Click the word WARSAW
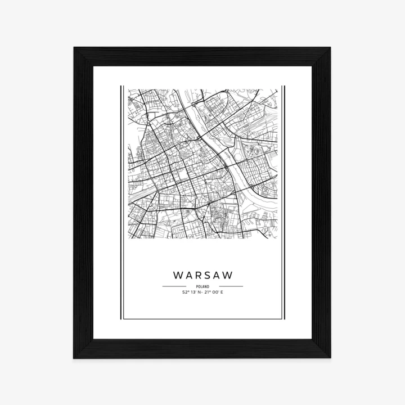[x=202, y=276]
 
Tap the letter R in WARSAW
[x=199, y=276]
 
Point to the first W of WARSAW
[x=178, y=276]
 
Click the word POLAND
[x=202, y=286]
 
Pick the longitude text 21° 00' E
[x=214, y=292]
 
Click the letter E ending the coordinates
[x=222, y=292]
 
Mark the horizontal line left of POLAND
[x=174, y=286]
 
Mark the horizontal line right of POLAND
[x=231, y=286]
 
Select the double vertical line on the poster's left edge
[x=122, y=202]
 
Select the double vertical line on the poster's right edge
[x=283, y=202]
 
